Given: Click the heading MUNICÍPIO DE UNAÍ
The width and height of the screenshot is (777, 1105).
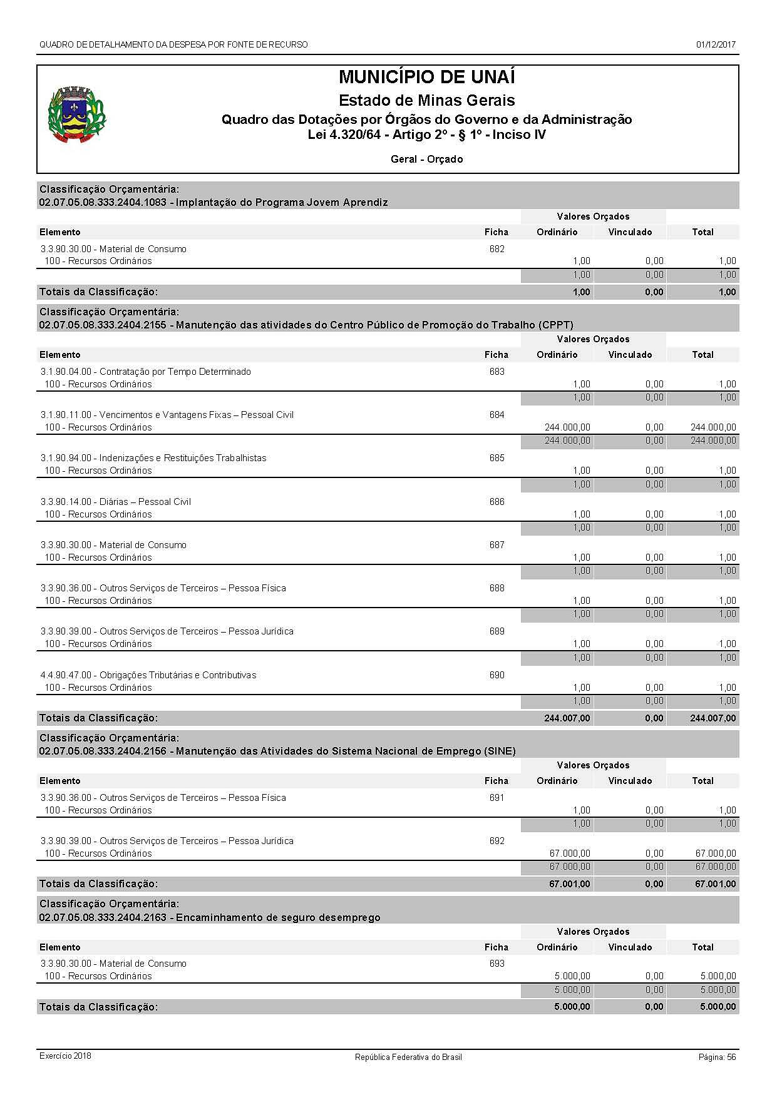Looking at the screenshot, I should (x=426, y=77).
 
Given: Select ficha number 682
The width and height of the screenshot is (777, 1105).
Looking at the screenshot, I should (x=497, y=249).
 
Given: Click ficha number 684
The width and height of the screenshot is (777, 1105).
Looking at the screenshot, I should (x=497, y=415).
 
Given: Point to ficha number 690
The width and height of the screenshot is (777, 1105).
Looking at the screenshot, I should (x=497, y=675).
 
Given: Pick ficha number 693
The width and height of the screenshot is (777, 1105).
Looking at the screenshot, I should (x=497, y=964).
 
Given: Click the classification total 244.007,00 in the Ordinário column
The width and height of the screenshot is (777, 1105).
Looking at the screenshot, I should (x=567, y=718).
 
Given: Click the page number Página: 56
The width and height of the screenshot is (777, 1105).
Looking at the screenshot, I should (x=717, y=1057).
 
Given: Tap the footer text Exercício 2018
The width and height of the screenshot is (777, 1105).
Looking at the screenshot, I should (x=65, y=1056).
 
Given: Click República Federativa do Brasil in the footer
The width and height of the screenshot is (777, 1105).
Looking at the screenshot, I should (x=408, y=1057).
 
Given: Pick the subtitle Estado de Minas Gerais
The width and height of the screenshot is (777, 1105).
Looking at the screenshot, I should (x=426, y=100).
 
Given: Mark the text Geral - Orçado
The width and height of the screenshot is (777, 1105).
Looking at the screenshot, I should (x=426, y=160).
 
